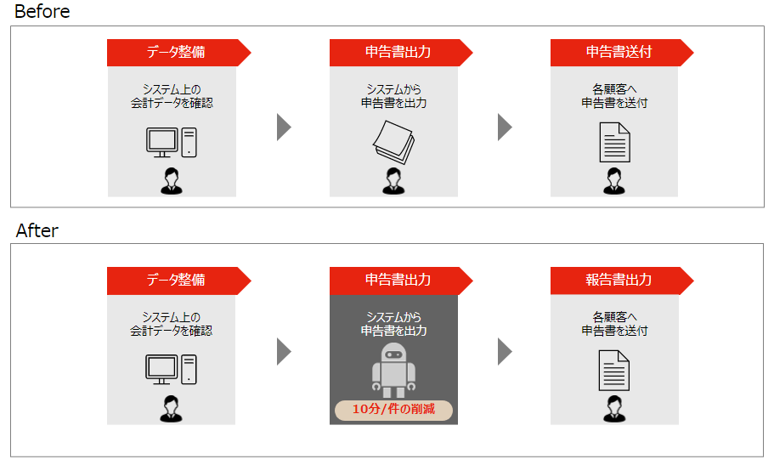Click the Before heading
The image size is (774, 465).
point(42,12)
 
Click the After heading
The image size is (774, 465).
point(37,230)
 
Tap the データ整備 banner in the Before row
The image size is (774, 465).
point(175,53)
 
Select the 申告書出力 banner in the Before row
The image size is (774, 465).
point(398,53)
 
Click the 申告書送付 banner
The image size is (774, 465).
point(619,53)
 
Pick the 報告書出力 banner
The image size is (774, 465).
point(619,281)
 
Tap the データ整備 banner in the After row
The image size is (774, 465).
point(175,281)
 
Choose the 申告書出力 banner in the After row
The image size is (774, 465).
point(398,281)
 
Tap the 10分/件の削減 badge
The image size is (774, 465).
point(393,410)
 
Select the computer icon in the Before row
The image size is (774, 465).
point(171,142)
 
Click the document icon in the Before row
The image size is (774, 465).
point(614,142)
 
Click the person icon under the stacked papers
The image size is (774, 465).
point(393,181)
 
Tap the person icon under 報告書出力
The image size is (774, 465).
point(614,409)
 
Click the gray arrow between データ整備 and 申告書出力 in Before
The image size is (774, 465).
point(284,127)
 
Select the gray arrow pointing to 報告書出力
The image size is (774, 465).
point(505,351)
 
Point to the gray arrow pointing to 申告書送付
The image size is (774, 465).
point(505,127)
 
